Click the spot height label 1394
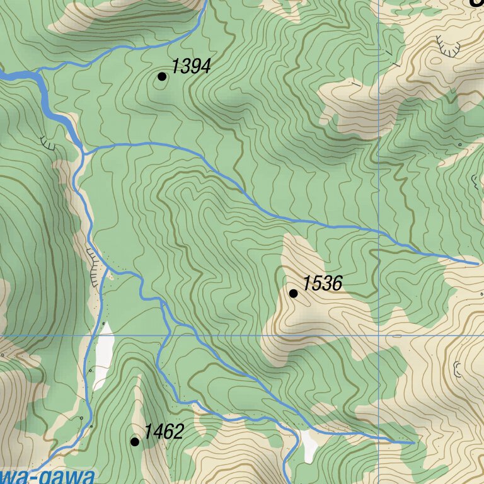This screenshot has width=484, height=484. (191, 66)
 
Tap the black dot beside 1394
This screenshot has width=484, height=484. (162, 76)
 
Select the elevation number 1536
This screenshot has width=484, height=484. (322, 284)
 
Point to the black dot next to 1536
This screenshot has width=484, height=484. (293, 293)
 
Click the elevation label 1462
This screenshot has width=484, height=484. (163, 432)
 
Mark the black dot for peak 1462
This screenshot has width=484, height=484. (134, 442)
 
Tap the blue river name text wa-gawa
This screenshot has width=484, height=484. (47, 476)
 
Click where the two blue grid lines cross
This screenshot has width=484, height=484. (378, 335)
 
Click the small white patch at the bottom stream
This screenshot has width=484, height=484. (309, 445)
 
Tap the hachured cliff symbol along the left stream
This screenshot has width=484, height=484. (95, 265)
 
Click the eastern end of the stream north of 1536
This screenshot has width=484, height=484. (478, 262)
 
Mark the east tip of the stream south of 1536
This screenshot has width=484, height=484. (413, 443)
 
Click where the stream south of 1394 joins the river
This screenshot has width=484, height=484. (84, 152)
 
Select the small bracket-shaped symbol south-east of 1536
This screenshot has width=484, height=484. (458, 369)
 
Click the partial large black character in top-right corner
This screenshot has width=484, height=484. (476, 3)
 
